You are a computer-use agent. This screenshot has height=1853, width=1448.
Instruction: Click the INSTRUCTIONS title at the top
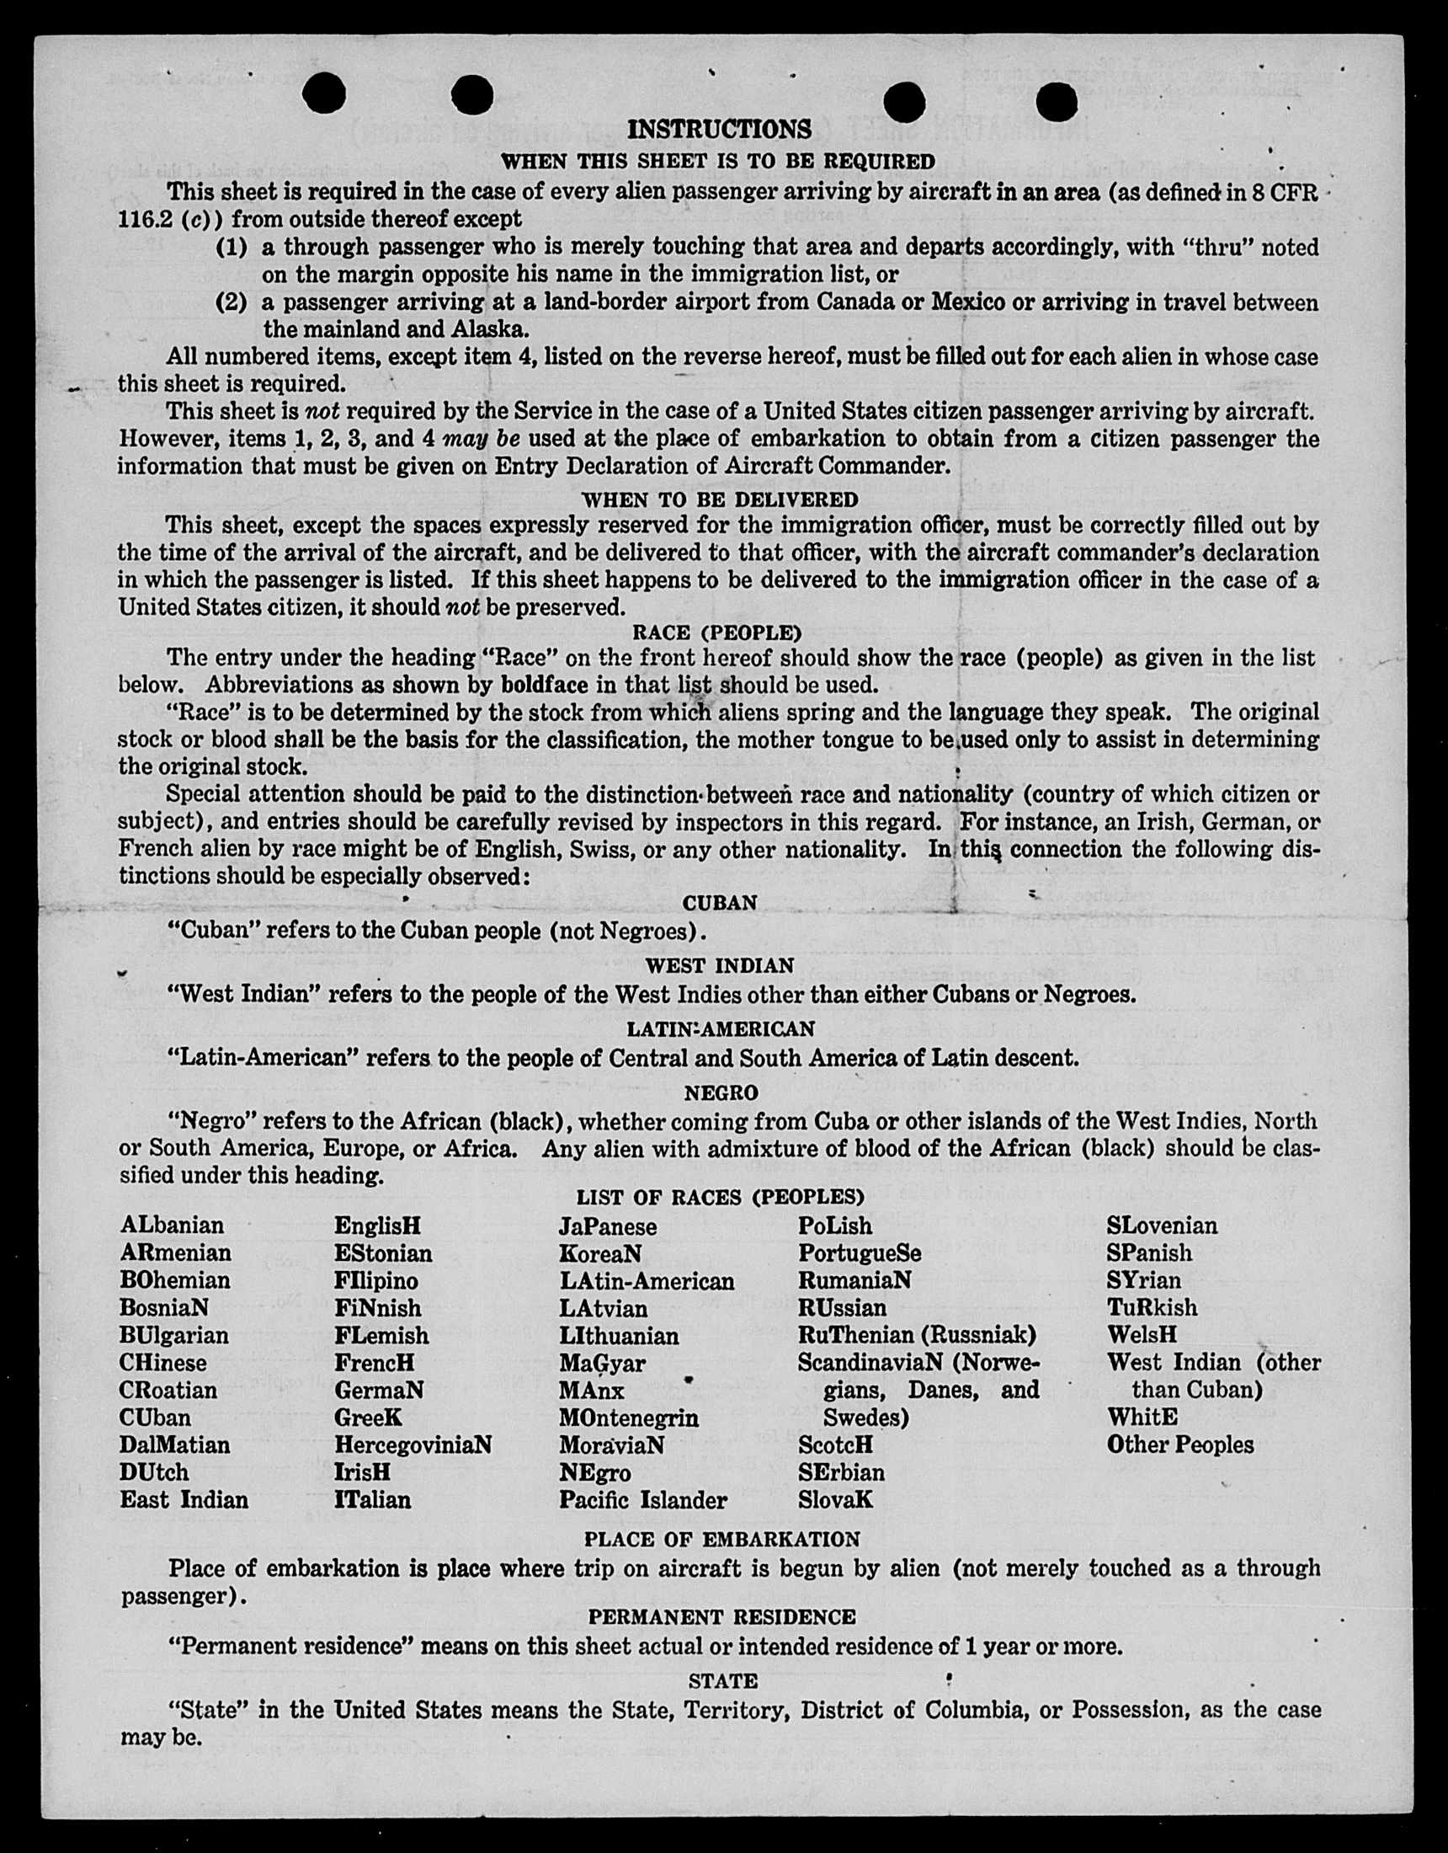[719, 130]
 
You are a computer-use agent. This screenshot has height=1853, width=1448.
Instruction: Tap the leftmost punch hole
[323, 93]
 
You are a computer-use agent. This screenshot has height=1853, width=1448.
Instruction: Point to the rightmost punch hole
[1056, 103]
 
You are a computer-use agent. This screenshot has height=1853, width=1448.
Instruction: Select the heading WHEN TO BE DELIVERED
[719, 499]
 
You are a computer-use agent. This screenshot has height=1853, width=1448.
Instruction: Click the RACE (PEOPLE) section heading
[716, 633]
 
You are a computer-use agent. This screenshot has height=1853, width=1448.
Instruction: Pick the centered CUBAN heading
[719, 903]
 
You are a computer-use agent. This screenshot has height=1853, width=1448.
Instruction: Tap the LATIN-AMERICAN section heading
[720, 1029]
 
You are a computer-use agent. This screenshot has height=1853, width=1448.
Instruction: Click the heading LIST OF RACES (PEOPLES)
[720, 1197]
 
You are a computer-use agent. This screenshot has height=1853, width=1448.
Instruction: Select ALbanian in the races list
[173, 1226]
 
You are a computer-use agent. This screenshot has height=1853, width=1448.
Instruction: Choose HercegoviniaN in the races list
[413, 1444]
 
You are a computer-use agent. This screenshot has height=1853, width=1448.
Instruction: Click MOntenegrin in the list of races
[629, 1418]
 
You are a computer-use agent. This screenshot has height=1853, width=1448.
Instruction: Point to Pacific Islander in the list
[642, 1500]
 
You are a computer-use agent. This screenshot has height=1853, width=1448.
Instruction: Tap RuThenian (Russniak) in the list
[916, 1336]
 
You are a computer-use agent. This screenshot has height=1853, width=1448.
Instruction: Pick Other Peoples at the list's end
[1179, 1444]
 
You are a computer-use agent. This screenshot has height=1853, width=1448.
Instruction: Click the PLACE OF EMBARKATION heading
[721, 1539]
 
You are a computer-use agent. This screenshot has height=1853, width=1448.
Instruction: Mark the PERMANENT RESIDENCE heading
[721, 1617]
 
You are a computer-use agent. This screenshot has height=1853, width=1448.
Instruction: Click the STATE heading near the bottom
[722, 1681]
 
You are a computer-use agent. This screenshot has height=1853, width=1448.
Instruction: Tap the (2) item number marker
[231, 302]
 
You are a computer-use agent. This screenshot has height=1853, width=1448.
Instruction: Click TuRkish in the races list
[1152, 1307]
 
